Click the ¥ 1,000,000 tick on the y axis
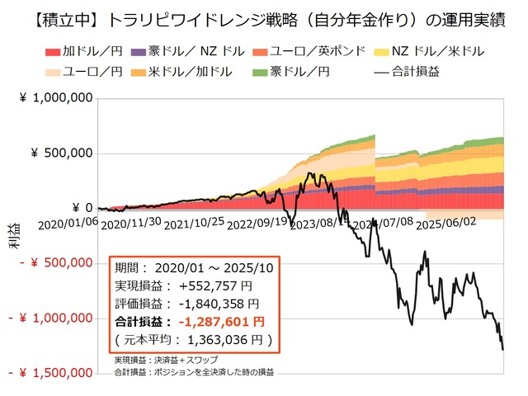[53, 99]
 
